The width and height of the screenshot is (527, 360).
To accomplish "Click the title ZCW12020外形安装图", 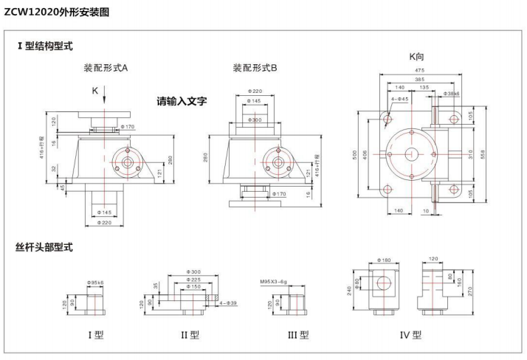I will coord(57,11).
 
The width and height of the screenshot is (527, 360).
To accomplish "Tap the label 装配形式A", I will coord(106,69).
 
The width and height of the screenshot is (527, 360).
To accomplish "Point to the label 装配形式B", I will coord(255,69).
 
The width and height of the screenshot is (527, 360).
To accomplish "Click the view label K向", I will coord(416,57).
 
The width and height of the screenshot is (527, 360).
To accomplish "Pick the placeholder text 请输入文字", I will coord(182,101).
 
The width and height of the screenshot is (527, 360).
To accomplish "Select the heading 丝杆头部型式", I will coord(44,246).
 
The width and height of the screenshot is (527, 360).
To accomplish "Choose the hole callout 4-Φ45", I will coord(399,98).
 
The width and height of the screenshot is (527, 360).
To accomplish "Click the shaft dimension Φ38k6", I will coord(452,94).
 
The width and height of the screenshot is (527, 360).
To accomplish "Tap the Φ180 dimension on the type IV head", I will coord(384,260).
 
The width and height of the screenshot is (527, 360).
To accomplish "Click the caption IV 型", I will coord(410,334).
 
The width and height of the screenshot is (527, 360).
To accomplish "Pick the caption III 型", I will coord(298,334).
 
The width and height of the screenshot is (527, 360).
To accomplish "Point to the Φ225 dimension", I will coord(193,280).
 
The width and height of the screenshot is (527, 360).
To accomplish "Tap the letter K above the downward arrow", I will coord(94,90).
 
